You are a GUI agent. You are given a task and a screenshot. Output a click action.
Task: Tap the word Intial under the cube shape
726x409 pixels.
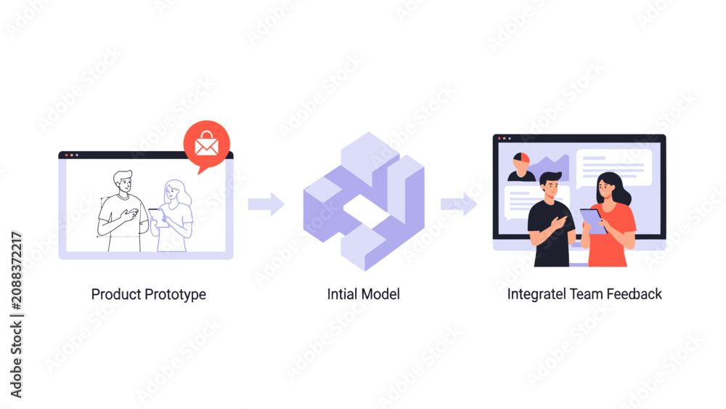[x=342, y=294]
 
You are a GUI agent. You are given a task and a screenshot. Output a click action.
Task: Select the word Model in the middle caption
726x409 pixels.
[x=380, y=294]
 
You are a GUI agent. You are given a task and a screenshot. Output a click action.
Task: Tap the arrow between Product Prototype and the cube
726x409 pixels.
[x=266, y=204]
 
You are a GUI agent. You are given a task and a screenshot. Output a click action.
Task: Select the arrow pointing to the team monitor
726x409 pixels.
[x=459, y=204]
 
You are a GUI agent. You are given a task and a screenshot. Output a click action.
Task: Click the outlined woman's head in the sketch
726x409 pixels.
[x=174, y=190]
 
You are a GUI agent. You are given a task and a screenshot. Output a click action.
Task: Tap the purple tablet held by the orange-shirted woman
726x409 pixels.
[x=593, y=221]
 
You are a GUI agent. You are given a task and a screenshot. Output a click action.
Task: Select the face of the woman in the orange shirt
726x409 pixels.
[x=605, y=188]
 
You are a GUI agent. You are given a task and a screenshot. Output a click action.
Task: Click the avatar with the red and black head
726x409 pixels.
[x=521, y=166]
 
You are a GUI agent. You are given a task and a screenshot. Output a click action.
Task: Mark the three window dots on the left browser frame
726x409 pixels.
[x=72, y=155]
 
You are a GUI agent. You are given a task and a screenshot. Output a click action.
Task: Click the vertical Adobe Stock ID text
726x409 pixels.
[x=17, y=315]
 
